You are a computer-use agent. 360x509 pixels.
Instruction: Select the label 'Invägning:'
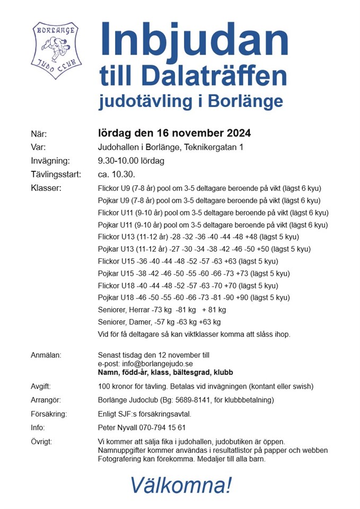click(50, 161)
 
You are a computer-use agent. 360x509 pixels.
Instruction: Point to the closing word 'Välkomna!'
click(181, 485)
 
